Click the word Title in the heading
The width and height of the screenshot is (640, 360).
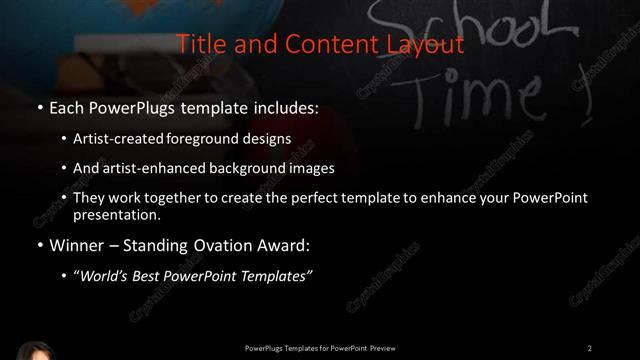197,44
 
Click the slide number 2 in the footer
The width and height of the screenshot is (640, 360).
589,348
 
